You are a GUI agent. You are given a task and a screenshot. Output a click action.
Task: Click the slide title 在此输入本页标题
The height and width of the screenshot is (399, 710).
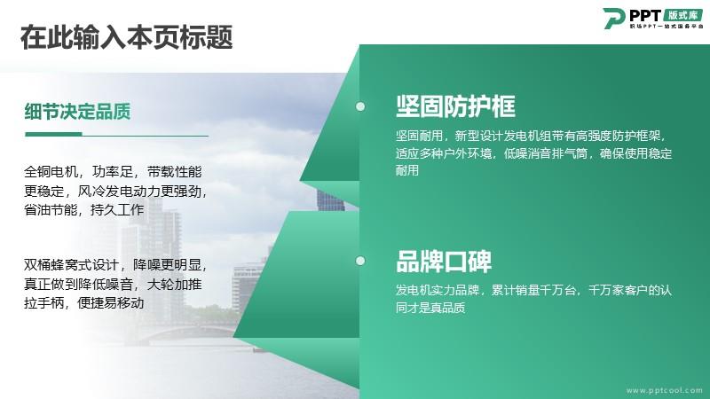tap(126, 37)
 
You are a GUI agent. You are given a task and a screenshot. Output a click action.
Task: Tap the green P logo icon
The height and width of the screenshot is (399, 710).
tap(614, 19)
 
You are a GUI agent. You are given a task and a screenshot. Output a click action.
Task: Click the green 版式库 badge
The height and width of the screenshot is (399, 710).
tap(683, 15)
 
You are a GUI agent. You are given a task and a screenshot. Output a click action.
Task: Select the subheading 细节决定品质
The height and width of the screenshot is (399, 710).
tap(77, 112)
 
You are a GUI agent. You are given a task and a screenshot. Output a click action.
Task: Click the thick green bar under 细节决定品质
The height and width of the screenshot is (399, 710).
tap(53, 134)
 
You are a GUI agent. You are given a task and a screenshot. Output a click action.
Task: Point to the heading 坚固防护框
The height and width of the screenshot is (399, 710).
tap(455, 106)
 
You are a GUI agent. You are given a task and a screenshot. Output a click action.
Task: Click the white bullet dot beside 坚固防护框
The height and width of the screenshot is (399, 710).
tap(360, 106)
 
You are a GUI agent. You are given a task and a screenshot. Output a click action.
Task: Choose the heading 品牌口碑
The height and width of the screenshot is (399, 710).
tap(444, 261)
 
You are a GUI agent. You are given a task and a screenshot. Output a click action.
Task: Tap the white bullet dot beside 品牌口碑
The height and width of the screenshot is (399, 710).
tap(360, 261)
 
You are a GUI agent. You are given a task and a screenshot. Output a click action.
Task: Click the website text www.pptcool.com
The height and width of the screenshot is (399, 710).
tap(664, 390)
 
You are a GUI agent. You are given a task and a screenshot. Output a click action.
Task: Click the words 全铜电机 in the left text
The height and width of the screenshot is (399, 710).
tap(51, 172)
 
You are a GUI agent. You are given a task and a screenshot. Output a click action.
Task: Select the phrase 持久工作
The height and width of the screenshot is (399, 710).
tap(117, 210)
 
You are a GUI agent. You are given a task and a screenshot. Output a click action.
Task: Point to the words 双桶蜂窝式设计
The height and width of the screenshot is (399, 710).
tap(71, 265)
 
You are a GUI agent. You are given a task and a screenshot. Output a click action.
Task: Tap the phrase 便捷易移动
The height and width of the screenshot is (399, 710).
tap(111, 302)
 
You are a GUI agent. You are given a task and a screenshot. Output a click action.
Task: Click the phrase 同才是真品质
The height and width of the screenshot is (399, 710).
tap(430, 308)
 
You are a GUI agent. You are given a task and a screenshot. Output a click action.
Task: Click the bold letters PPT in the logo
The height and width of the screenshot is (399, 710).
tap(645, 16)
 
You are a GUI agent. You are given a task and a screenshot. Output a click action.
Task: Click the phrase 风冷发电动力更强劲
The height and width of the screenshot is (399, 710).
tap(139, 192)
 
